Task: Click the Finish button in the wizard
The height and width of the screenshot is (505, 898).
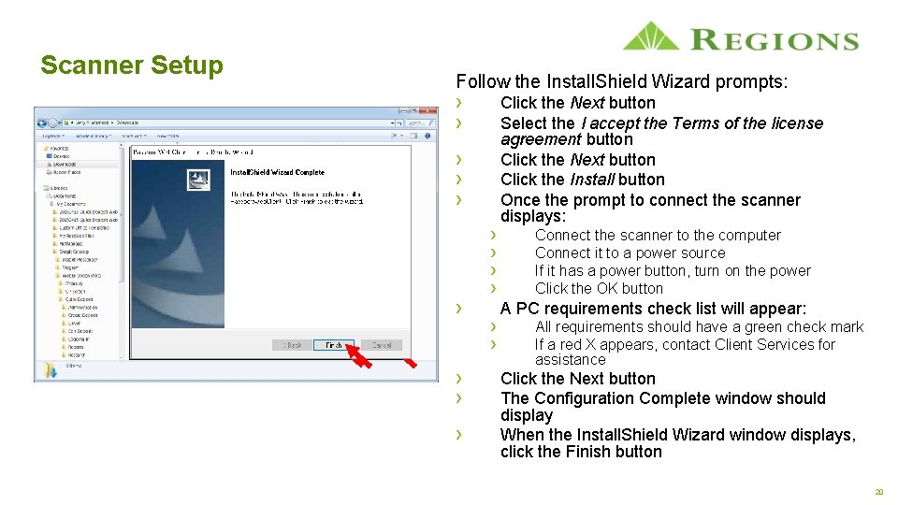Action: tap(334, 345)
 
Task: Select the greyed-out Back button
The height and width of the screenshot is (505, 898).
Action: tap(293, 345)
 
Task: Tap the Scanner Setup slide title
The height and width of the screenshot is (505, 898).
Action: tap(132, 65)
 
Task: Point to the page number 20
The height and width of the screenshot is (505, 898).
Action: tap(878, 492)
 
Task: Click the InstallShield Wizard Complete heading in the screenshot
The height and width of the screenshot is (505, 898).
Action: tap(277, 173)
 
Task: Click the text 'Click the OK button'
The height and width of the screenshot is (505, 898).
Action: tap(599, 289)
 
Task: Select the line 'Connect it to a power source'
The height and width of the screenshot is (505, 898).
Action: tap(630, 253)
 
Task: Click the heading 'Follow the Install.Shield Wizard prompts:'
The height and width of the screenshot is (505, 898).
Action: tap(621, 82)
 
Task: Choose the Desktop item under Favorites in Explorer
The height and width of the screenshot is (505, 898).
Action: tap(63, 156)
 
